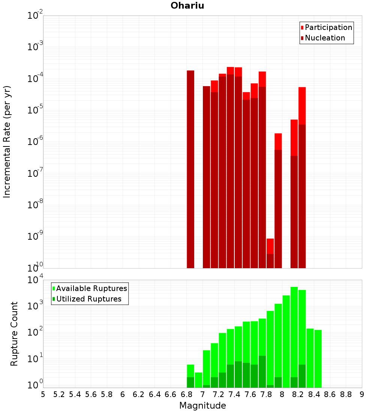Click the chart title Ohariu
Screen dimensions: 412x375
pyautogui.click(x=187, y=6)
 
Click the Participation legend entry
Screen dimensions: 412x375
pyautogui.click(x=328, y=27)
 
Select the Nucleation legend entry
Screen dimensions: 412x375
pyautogui.click(x=325, y=38)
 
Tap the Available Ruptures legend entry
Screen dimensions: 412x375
pyautogui.click(x=91, y=288)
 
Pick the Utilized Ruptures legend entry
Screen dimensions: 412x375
pyautogui.click(x=88, y=299)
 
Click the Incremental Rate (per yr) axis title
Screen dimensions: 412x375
pyautogui.click(x=7, y=142)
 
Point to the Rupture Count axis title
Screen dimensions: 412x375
pyautogui.click(x=14, y=334)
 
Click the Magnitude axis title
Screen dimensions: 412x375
pyautogui.click(x=202, y=406)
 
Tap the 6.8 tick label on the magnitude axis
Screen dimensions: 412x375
pyautogui.click(x=186, y=394)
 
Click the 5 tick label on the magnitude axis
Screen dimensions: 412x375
pyautogui.click(x=43, y=394)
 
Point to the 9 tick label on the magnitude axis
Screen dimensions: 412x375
pyautogui.click(x=362, y=394)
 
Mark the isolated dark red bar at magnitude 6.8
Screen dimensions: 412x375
pyautogui.click(x=190, y=169)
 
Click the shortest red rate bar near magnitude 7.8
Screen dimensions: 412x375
pyautogui.click(x=270, y=253)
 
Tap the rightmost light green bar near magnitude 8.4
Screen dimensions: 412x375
pyautogui.click(x=318, y=359)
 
